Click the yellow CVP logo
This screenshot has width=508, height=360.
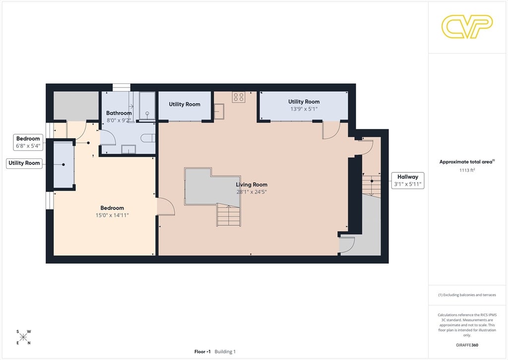pos(467,26)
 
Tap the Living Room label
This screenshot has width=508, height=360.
pos(252,185)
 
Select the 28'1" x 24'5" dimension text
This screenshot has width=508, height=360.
pos(252,192)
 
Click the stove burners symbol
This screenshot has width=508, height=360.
pos(239,97)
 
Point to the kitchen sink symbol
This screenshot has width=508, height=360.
pos(219,111)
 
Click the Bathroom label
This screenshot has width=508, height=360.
pos(119,113)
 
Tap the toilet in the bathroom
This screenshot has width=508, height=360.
pos(148,138)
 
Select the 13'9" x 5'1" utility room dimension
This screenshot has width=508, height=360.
pos(304,109)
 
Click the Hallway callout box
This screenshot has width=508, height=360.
pos(408,181)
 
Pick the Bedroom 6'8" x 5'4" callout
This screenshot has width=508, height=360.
pos(28,142)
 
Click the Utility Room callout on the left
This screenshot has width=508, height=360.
pos(24,163)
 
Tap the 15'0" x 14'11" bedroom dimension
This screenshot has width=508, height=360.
pos(112,215)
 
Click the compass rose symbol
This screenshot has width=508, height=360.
pos(23,337)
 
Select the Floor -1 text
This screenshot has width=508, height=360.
pos(202,352)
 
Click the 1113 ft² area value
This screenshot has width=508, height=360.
pos(467,170)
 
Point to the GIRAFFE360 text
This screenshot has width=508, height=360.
pos(467,345)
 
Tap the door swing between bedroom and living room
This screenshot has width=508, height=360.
pos(166,207)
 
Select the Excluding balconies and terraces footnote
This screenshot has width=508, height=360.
pos(467,295)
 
